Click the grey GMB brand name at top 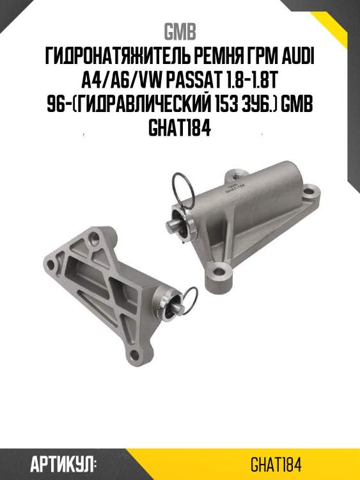[x=180, y=31]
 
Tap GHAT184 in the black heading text [x=180, y=129]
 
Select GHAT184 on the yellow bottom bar [x=276, y=465]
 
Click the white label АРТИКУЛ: [x=63, y=464]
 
